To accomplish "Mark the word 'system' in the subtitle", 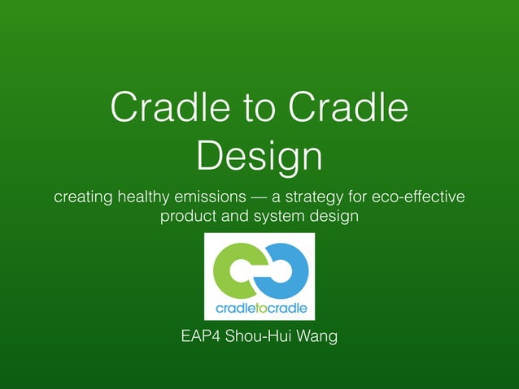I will point(278,218).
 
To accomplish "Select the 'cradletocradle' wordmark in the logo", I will point(259,308).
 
